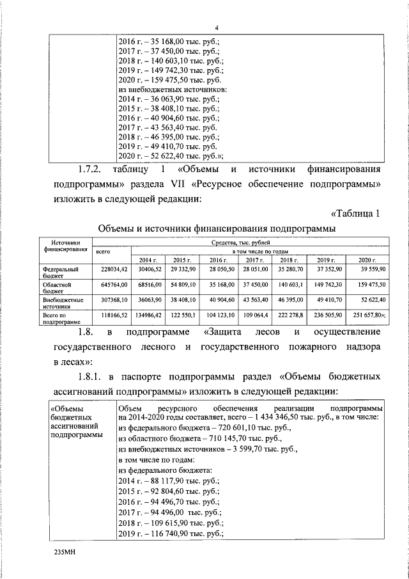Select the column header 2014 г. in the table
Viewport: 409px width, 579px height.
click(x=148, y=260)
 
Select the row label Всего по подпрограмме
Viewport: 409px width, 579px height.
click(x=60, y=317)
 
